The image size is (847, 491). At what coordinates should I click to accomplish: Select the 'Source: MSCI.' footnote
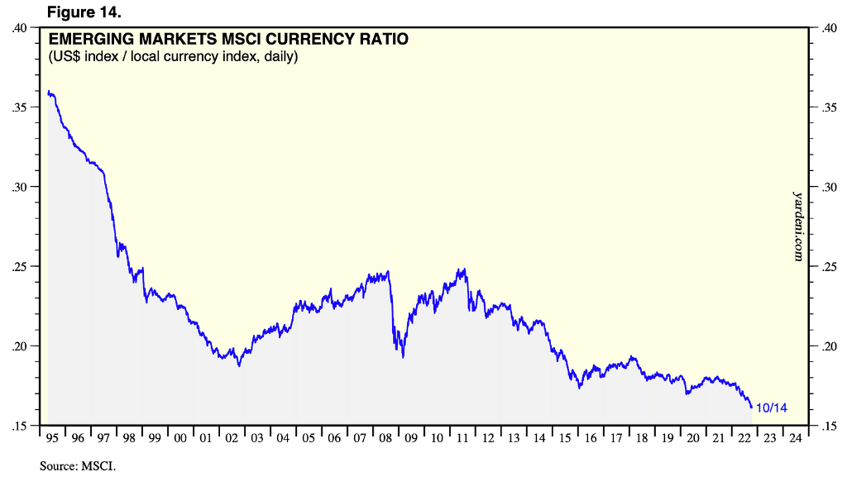point(78,467)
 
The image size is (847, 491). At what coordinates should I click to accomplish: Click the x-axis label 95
point(52,439)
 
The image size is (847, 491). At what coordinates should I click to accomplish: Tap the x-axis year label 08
point(385,439)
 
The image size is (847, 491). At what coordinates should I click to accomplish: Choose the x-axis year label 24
point(794,439)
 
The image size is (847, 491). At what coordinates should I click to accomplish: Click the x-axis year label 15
point(564,439)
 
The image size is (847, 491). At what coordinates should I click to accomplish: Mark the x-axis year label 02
point(232,439)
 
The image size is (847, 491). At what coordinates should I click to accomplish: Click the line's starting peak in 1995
point(50,92)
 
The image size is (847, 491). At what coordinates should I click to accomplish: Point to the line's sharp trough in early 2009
point(403,356)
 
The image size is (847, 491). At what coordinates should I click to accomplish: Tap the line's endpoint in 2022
point(751,408)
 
